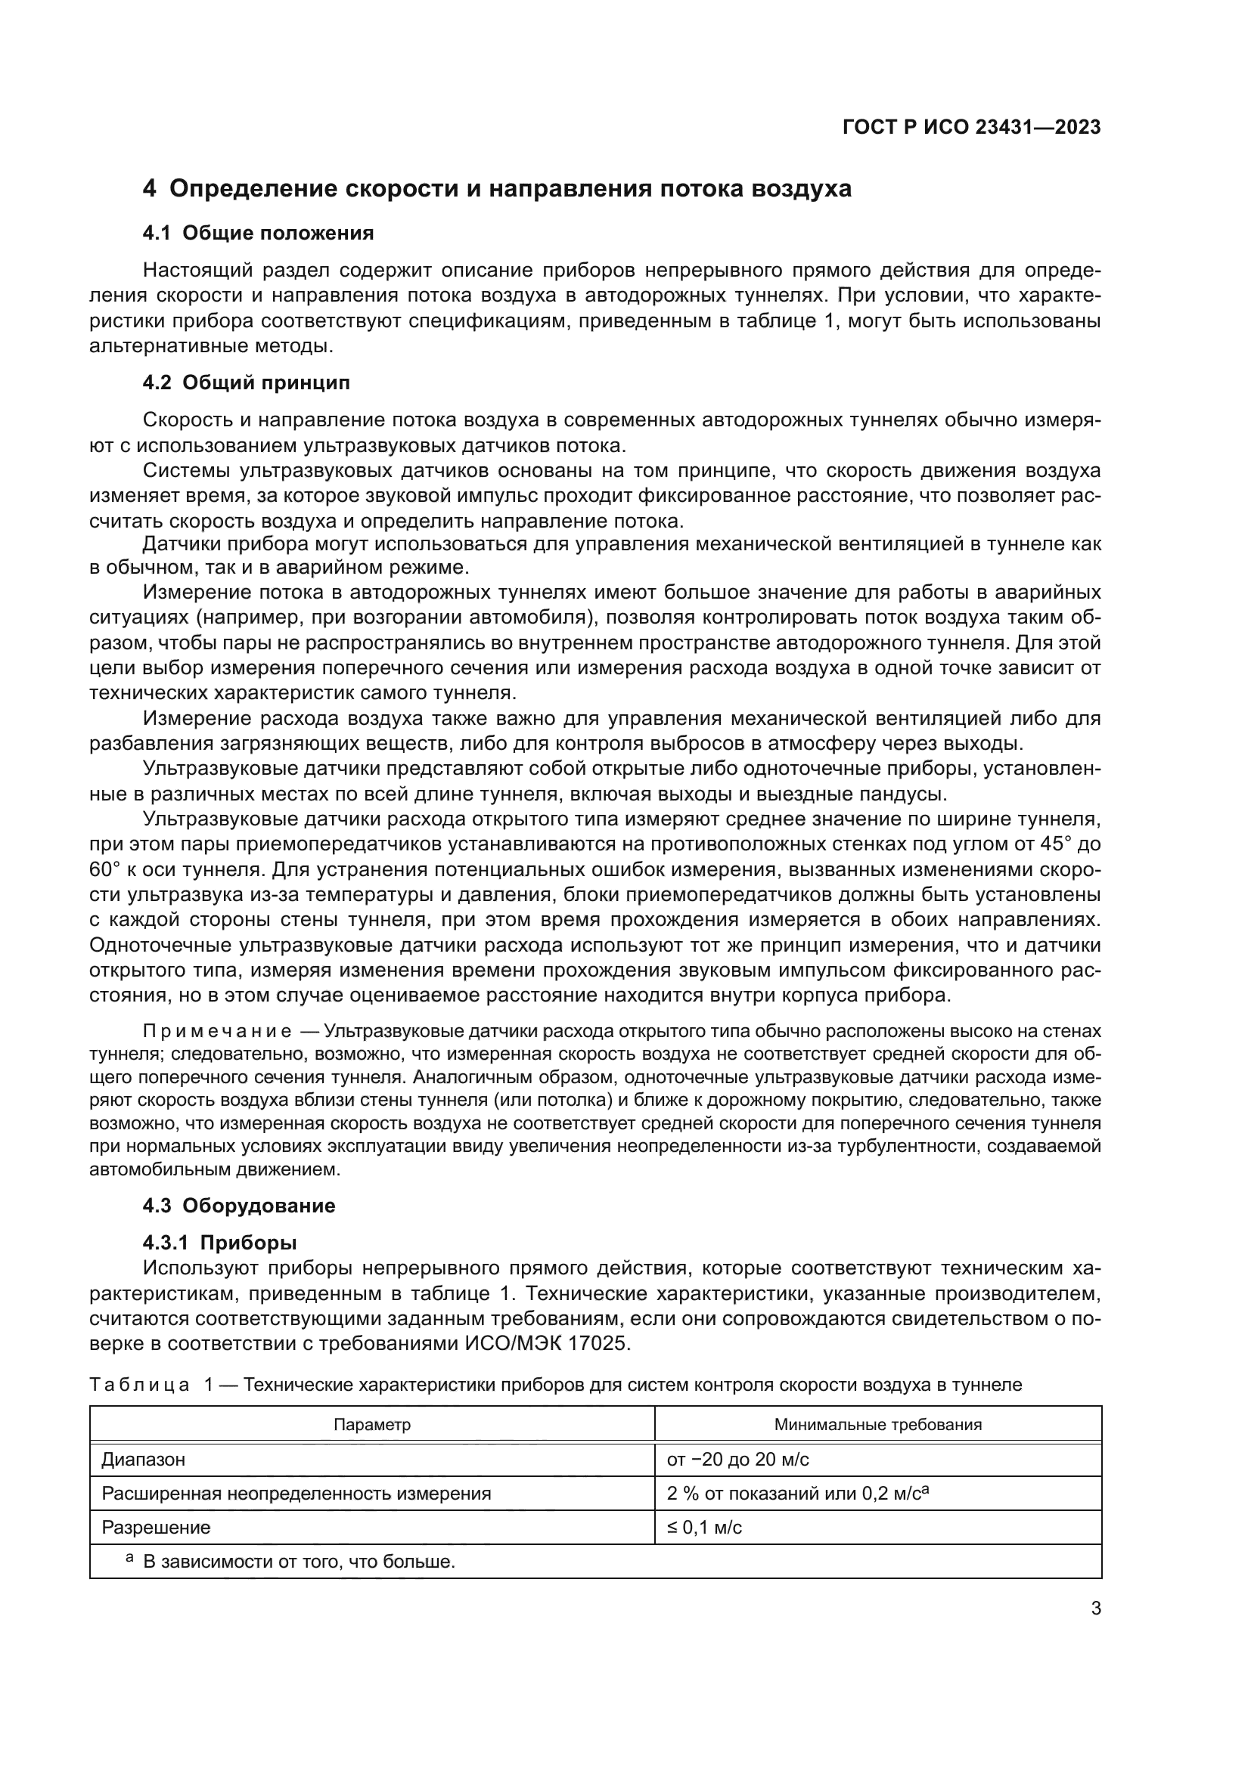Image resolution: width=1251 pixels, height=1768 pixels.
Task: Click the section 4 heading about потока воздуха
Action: [498, 189]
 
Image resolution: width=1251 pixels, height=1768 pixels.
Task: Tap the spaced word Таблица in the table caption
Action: [139, 1386]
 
